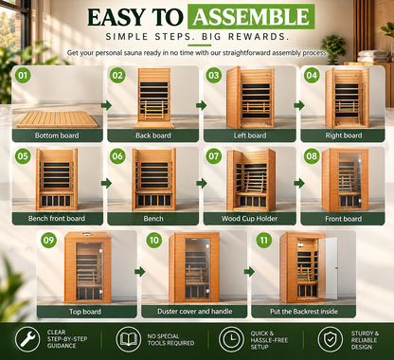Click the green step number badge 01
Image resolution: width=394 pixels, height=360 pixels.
point(23,75)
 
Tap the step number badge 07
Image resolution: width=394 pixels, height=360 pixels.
point(214,156)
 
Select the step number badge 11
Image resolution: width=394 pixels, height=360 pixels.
point(263,241)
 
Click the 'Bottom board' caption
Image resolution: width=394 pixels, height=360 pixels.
point(57,135)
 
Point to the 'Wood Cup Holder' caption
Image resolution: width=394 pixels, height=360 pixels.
point(249,219)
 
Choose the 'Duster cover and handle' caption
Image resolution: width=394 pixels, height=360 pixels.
point(195,312)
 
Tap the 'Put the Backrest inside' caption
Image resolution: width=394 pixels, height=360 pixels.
point(304,312)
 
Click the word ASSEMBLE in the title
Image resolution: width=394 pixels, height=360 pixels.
point(251,17)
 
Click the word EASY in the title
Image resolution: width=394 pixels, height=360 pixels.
point(116,17)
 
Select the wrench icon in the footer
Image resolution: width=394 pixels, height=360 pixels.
point(27,339)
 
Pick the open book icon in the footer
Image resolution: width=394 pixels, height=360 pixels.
point(129,339)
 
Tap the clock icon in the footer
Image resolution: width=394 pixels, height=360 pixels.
point(231,339)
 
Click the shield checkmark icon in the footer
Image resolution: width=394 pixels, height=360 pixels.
point(331,339)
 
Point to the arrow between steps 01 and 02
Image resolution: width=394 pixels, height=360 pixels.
point(106,105)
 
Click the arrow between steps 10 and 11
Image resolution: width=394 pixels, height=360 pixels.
point(249,272)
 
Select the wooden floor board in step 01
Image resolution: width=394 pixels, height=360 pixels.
point(58,119)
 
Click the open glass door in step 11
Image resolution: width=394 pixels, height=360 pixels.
point(329,268)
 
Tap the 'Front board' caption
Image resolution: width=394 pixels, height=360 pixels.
point(344,219)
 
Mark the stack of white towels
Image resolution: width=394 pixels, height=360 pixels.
point(373,56)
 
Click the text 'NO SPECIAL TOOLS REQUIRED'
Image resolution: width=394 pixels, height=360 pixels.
point(170,340)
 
